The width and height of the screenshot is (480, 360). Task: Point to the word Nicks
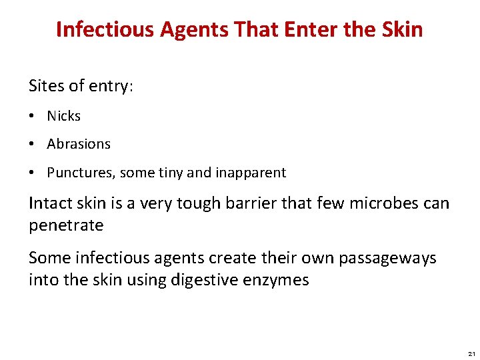(63, 116)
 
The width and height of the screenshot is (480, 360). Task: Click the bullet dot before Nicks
(33, 117)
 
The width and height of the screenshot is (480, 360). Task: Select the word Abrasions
(79, 144)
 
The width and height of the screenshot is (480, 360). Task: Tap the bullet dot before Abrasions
(33, 145)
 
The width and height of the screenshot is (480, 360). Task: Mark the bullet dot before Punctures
(33, 173)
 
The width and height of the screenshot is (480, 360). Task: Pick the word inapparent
(250, 173)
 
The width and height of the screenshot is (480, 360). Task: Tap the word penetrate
(66, 225)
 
